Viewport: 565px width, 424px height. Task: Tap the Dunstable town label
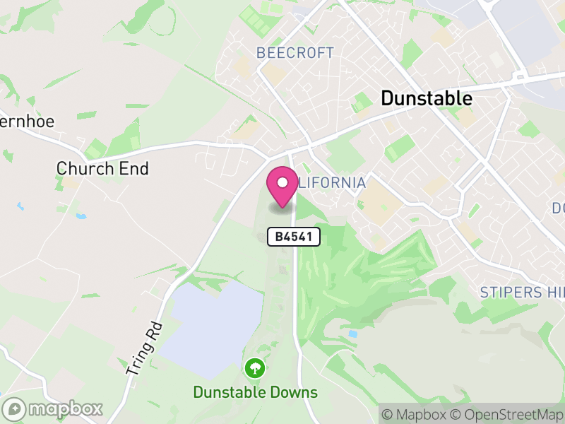427,98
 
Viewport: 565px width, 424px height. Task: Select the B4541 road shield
294,237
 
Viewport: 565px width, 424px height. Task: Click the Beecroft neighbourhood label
295,53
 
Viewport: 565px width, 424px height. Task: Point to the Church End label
102,168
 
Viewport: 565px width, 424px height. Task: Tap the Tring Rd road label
144,348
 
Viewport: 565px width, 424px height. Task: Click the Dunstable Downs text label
255,392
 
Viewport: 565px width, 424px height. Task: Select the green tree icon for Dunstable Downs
254,368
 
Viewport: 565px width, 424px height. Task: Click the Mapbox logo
53,409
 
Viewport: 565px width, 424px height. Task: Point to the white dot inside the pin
282,182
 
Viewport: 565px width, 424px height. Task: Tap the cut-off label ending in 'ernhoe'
27,121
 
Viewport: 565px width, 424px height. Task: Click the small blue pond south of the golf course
352,333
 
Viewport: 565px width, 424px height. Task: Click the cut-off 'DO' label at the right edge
558,208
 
